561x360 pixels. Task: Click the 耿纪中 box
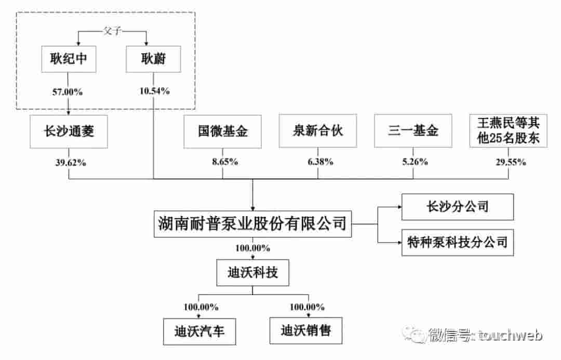click(69, 61)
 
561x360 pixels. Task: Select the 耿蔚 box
click(154, 61)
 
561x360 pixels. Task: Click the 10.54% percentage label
click(154, 92)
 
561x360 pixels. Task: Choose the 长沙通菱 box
click(69, 131)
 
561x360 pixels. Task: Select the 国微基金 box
click(223, 131)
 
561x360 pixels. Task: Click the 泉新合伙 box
click(318, 131)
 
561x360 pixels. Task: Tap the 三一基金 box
click(413, 131)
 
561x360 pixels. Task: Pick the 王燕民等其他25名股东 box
click(509, 131)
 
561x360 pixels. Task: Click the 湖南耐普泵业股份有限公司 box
click(252, 224)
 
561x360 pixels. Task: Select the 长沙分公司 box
click(457, 207)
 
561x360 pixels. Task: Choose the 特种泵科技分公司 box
click(457, 242)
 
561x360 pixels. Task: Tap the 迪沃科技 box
click(252, 273)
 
